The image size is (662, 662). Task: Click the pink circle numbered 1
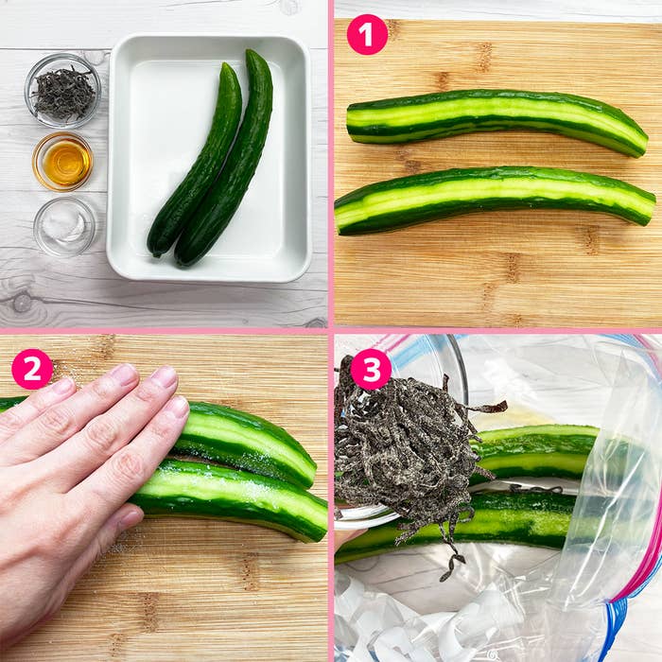pos(367,34)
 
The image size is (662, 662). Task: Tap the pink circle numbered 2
pos(32,369)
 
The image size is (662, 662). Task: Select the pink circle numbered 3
pos(371,370)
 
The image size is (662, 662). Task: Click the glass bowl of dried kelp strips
pos(63,91)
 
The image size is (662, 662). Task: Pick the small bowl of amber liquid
pos(63,162)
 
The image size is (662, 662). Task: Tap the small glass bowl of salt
pos(64,227)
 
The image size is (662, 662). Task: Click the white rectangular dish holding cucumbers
pos(209,158)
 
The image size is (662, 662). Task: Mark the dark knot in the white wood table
pos(21,303)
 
